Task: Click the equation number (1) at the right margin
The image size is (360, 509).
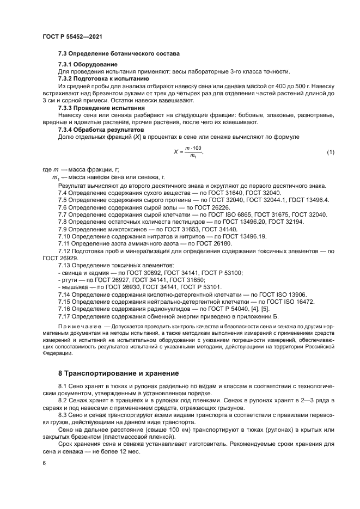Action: coord(330,152)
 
